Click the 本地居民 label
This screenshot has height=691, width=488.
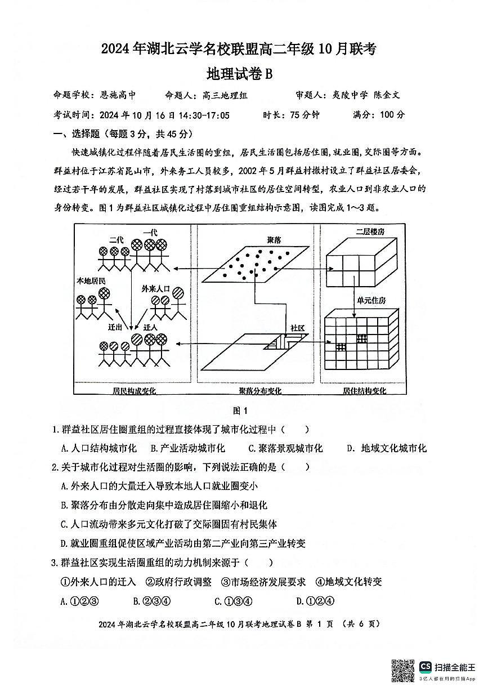tap(91, 280)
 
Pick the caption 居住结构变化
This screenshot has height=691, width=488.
tap(364, 391)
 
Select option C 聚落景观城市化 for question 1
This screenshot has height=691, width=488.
tap(285, 448)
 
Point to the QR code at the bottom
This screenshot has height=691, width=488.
tap(403, 670)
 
